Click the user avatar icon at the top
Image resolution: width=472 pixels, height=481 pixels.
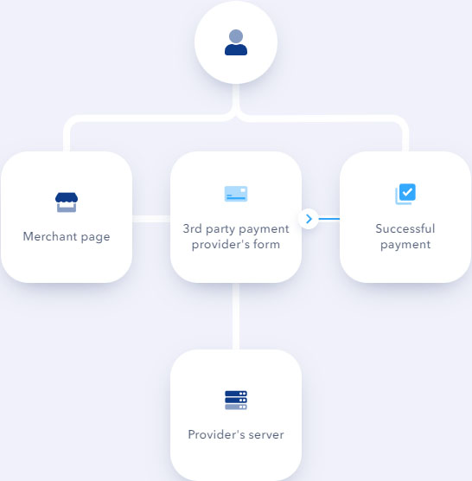236,42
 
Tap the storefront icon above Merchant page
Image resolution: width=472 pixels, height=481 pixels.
67,202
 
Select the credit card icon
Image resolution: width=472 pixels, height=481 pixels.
236,194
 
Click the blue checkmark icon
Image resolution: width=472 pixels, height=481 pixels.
405,194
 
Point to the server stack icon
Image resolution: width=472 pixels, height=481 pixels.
236,400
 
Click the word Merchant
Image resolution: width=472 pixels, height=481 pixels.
50,236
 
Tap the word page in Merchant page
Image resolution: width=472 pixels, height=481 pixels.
95,237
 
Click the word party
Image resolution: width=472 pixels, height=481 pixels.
220,229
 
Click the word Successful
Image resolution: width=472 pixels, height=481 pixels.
405,228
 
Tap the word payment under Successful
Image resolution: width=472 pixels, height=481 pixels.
405,245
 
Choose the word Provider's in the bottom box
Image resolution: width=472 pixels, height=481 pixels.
216,434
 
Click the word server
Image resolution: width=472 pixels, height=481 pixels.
266,435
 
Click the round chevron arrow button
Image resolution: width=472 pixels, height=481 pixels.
309,219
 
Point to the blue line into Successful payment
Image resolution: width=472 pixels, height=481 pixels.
329,219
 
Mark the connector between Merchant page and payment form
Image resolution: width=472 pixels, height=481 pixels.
151,219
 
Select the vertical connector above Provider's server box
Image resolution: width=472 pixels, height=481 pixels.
236,316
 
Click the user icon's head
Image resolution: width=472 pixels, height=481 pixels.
236,36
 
